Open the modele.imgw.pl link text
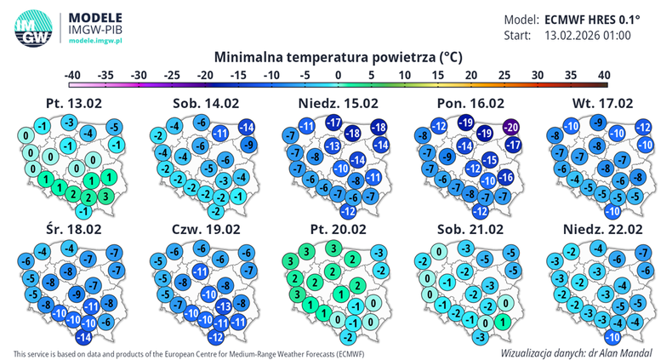pos(95,40)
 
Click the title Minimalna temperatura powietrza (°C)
pos(338,58)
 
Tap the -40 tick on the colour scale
pos(74,75)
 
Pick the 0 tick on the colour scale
pos(338,75)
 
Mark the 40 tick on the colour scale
pos(603,75)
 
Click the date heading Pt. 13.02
pos(71,103)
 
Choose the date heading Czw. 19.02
pos(202,229)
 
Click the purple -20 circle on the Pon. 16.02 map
pos(510,128)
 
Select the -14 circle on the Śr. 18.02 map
pos(83,337)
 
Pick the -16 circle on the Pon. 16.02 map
pos(504,178)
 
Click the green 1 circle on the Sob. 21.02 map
pos(503,322)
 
